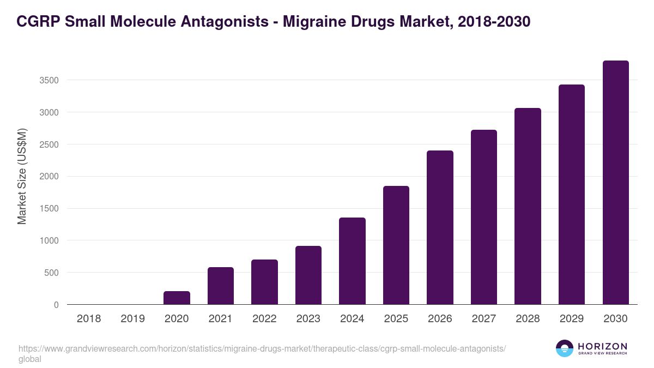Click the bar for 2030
tap(615, 183)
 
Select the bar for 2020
tap(177, 298)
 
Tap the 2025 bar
tap(396, 245)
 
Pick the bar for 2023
tap(308, 275)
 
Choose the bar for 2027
tap(484, 217)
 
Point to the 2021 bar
tap(221, 286)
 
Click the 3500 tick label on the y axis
tap(49, 80)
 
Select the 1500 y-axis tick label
tap(49, 208)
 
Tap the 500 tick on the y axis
tap(52, 273)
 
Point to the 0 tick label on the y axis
tap(56, 305)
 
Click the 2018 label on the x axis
tap(89, 318)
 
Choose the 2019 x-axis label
tap(132, 318)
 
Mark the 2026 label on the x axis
tap(440, 318)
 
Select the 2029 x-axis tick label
tap(571, 318)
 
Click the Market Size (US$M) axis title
tap(22, 176)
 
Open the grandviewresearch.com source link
tap(262, 349)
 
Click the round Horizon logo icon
tap(565, 348)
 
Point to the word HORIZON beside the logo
tap(602, 346)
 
